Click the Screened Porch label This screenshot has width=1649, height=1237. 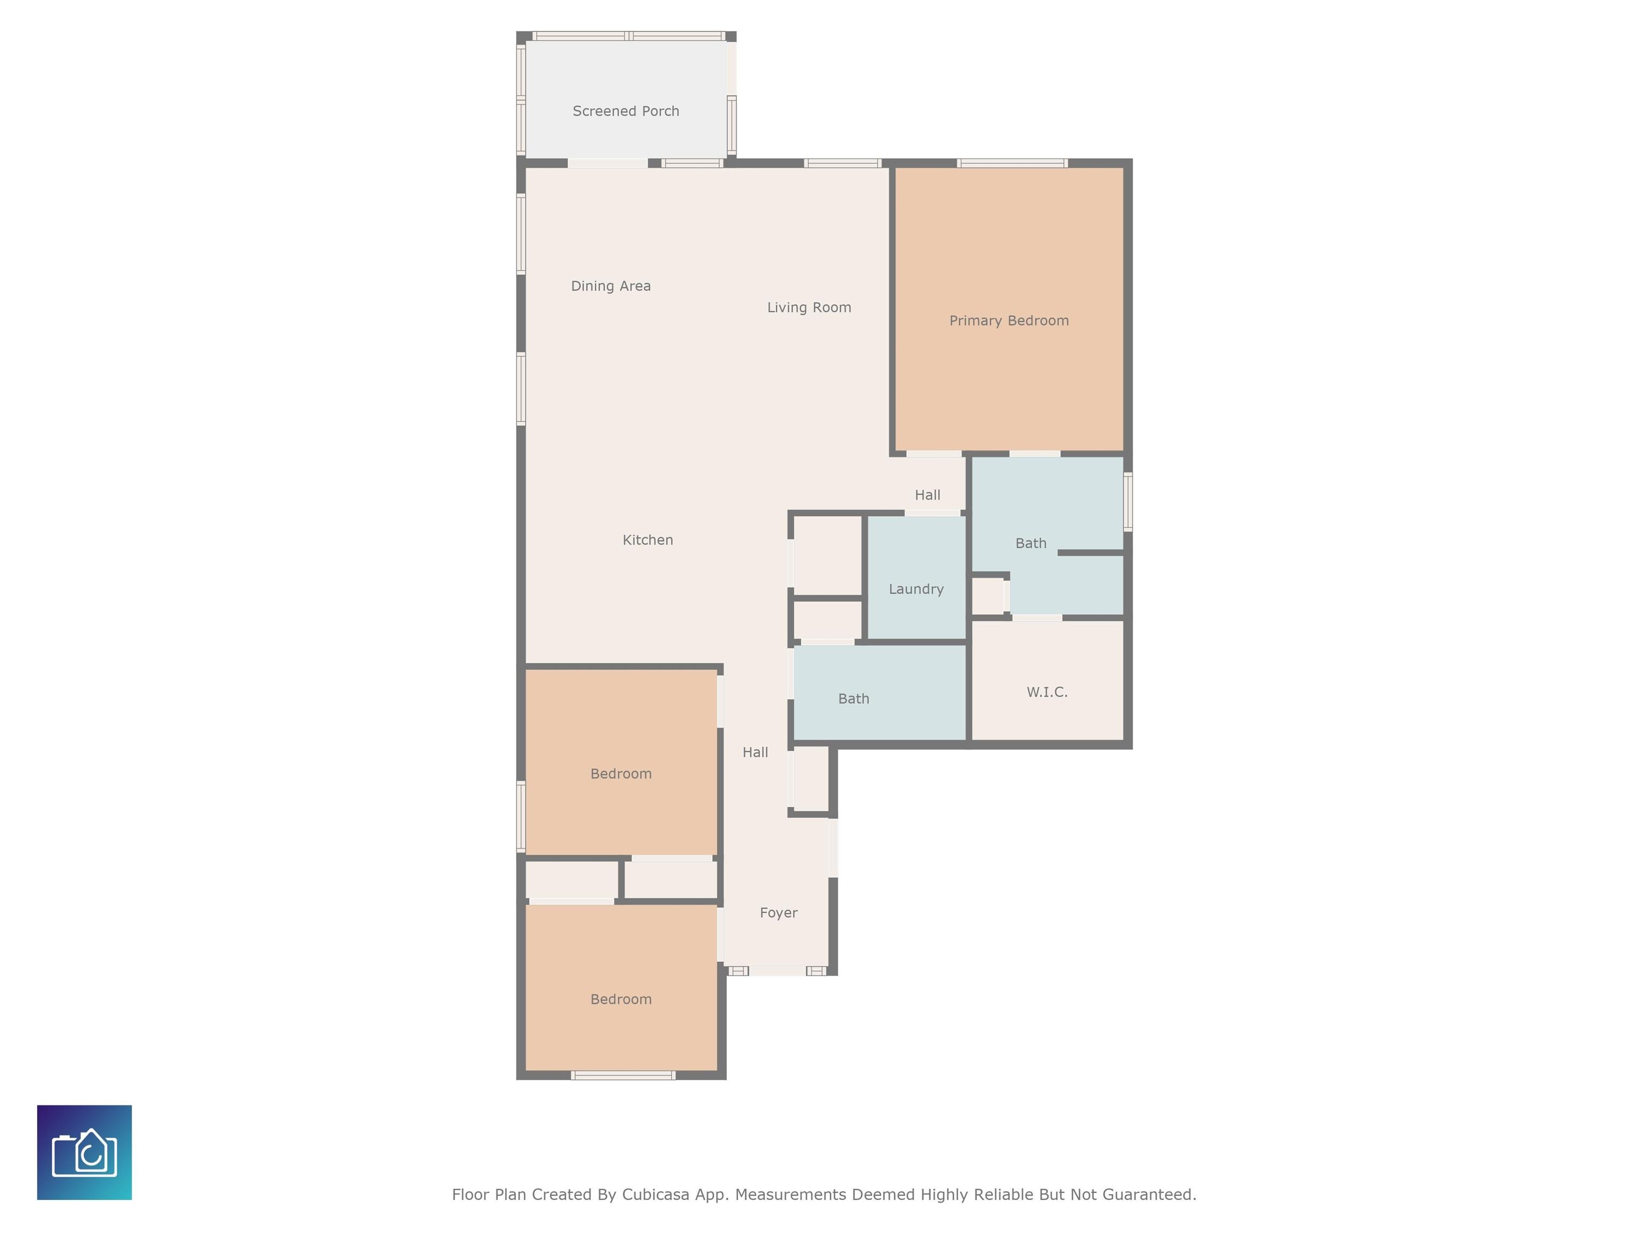click(625, 111)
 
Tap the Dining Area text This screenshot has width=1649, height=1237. click(610, 286)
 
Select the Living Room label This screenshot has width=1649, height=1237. click(809, 307)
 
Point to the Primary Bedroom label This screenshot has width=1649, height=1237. click(1009, 321)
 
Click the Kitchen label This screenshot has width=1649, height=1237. click(648, 540)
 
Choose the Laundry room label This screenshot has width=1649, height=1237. click(916, 589)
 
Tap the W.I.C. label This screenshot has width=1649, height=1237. click(1047, 692)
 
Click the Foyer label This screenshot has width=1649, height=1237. click(778, 913)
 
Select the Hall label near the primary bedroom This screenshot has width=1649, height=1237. click(928, 495)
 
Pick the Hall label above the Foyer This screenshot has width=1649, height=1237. click(755, 752)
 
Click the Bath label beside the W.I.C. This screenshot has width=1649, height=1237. click(853, 698)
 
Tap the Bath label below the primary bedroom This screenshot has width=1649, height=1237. click(1031, 543)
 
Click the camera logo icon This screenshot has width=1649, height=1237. click(84, 1152)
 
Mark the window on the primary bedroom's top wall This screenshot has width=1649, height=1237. click(1012, 163)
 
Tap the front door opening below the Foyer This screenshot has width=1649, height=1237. click(778, 971)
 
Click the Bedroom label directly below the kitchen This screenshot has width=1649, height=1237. click(621, 774)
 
